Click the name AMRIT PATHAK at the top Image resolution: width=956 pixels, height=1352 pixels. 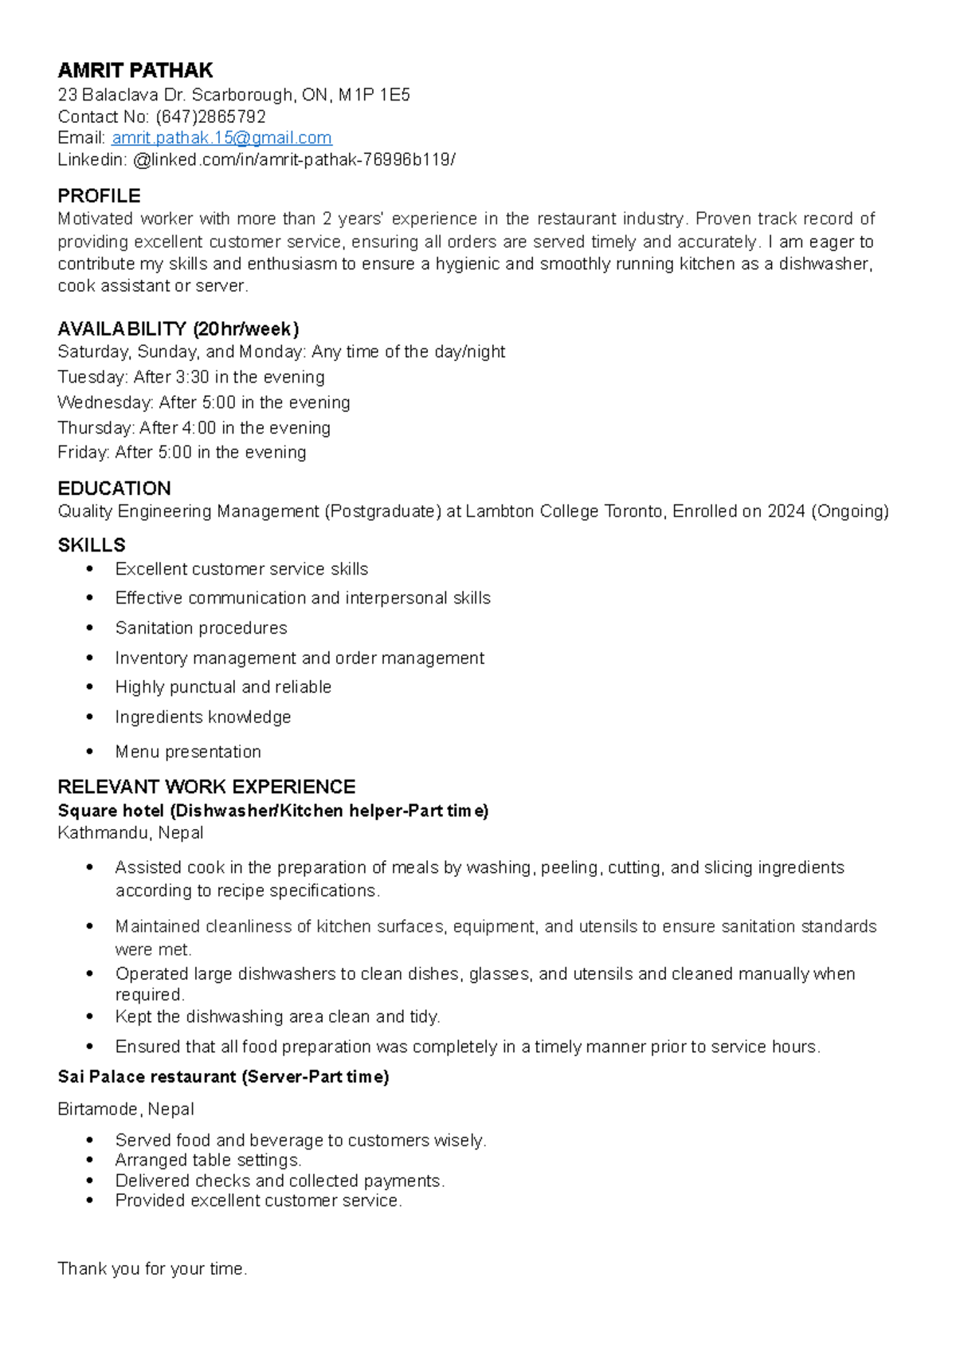(135, 70)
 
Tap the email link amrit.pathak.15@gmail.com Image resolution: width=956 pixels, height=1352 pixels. (221, 138)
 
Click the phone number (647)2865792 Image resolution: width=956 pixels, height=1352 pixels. (210, 116)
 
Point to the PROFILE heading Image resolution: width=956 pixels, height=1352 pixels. (99, 196)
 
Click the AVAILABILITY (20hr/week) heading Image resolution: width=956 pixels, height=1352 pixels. (178, 328)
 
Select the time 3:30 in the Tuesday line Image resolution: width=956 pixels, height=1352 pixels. (192, 377)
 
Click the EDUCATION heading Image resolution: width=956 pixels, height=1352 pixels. (114, 488)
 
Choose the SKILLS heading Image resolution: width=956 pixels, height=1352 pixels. (92, 545)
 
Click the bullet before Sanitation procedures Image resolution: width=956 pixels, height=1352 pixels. (90, 628)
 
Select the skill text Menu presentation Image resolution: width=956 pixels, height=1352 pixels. (188, 752)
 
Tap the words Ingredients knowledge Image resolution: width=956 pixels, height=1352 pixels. (203, 717)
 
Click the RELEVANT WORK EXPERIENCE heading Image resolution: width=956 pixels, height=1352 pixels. (206, 787)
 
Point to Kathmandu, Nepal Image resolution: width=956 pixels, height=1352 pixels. (131, 833)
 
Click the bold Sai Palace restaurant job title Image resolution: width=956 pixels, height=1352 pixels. (223, 1077)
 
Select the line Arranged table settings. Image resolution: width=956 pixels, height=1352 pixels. (208, 1160)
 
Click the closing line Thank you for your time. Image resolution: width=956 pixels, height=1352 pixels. (152, 1268)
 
